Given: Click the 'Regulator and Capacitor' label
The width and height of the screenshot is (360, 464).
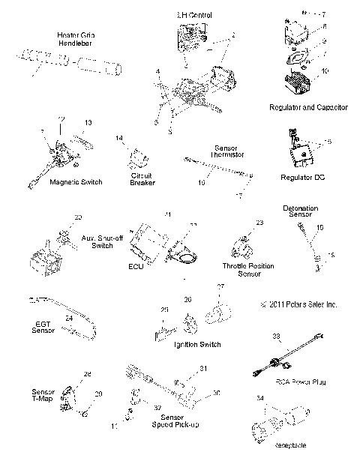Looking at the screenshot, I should pos(307,108).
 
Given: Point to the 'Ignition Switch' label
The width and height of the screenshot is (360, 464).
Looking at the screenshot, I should pos(196,344).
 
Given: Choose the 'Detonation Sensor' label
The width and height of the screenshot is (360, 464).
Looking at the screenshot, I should pos(300,211).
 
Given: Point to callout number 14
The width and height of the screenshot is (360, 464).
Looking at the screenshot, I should pos(119,139).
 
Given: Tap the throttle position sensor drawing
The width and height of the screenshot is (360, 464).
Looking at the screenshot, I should pos(242,244).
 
